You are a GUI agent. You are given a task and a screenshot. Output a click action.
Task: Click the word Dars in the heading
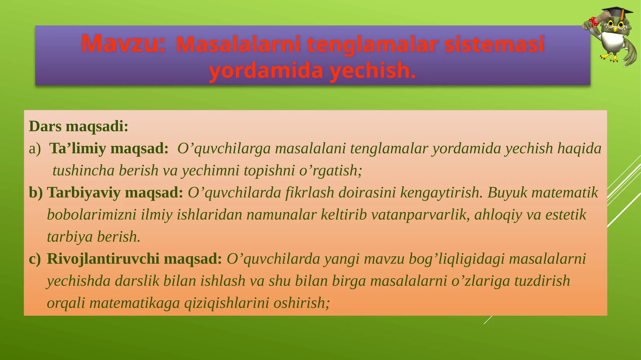(45, 127)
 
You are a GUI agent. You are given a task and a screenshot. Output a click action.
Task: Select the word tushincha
(83, 171)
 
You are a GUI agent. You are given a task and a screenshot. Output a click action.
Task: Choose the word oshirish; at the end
(301, 303)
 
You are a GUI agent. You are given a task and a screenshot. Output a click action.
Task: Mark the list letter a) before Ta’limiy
(35, 149)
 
